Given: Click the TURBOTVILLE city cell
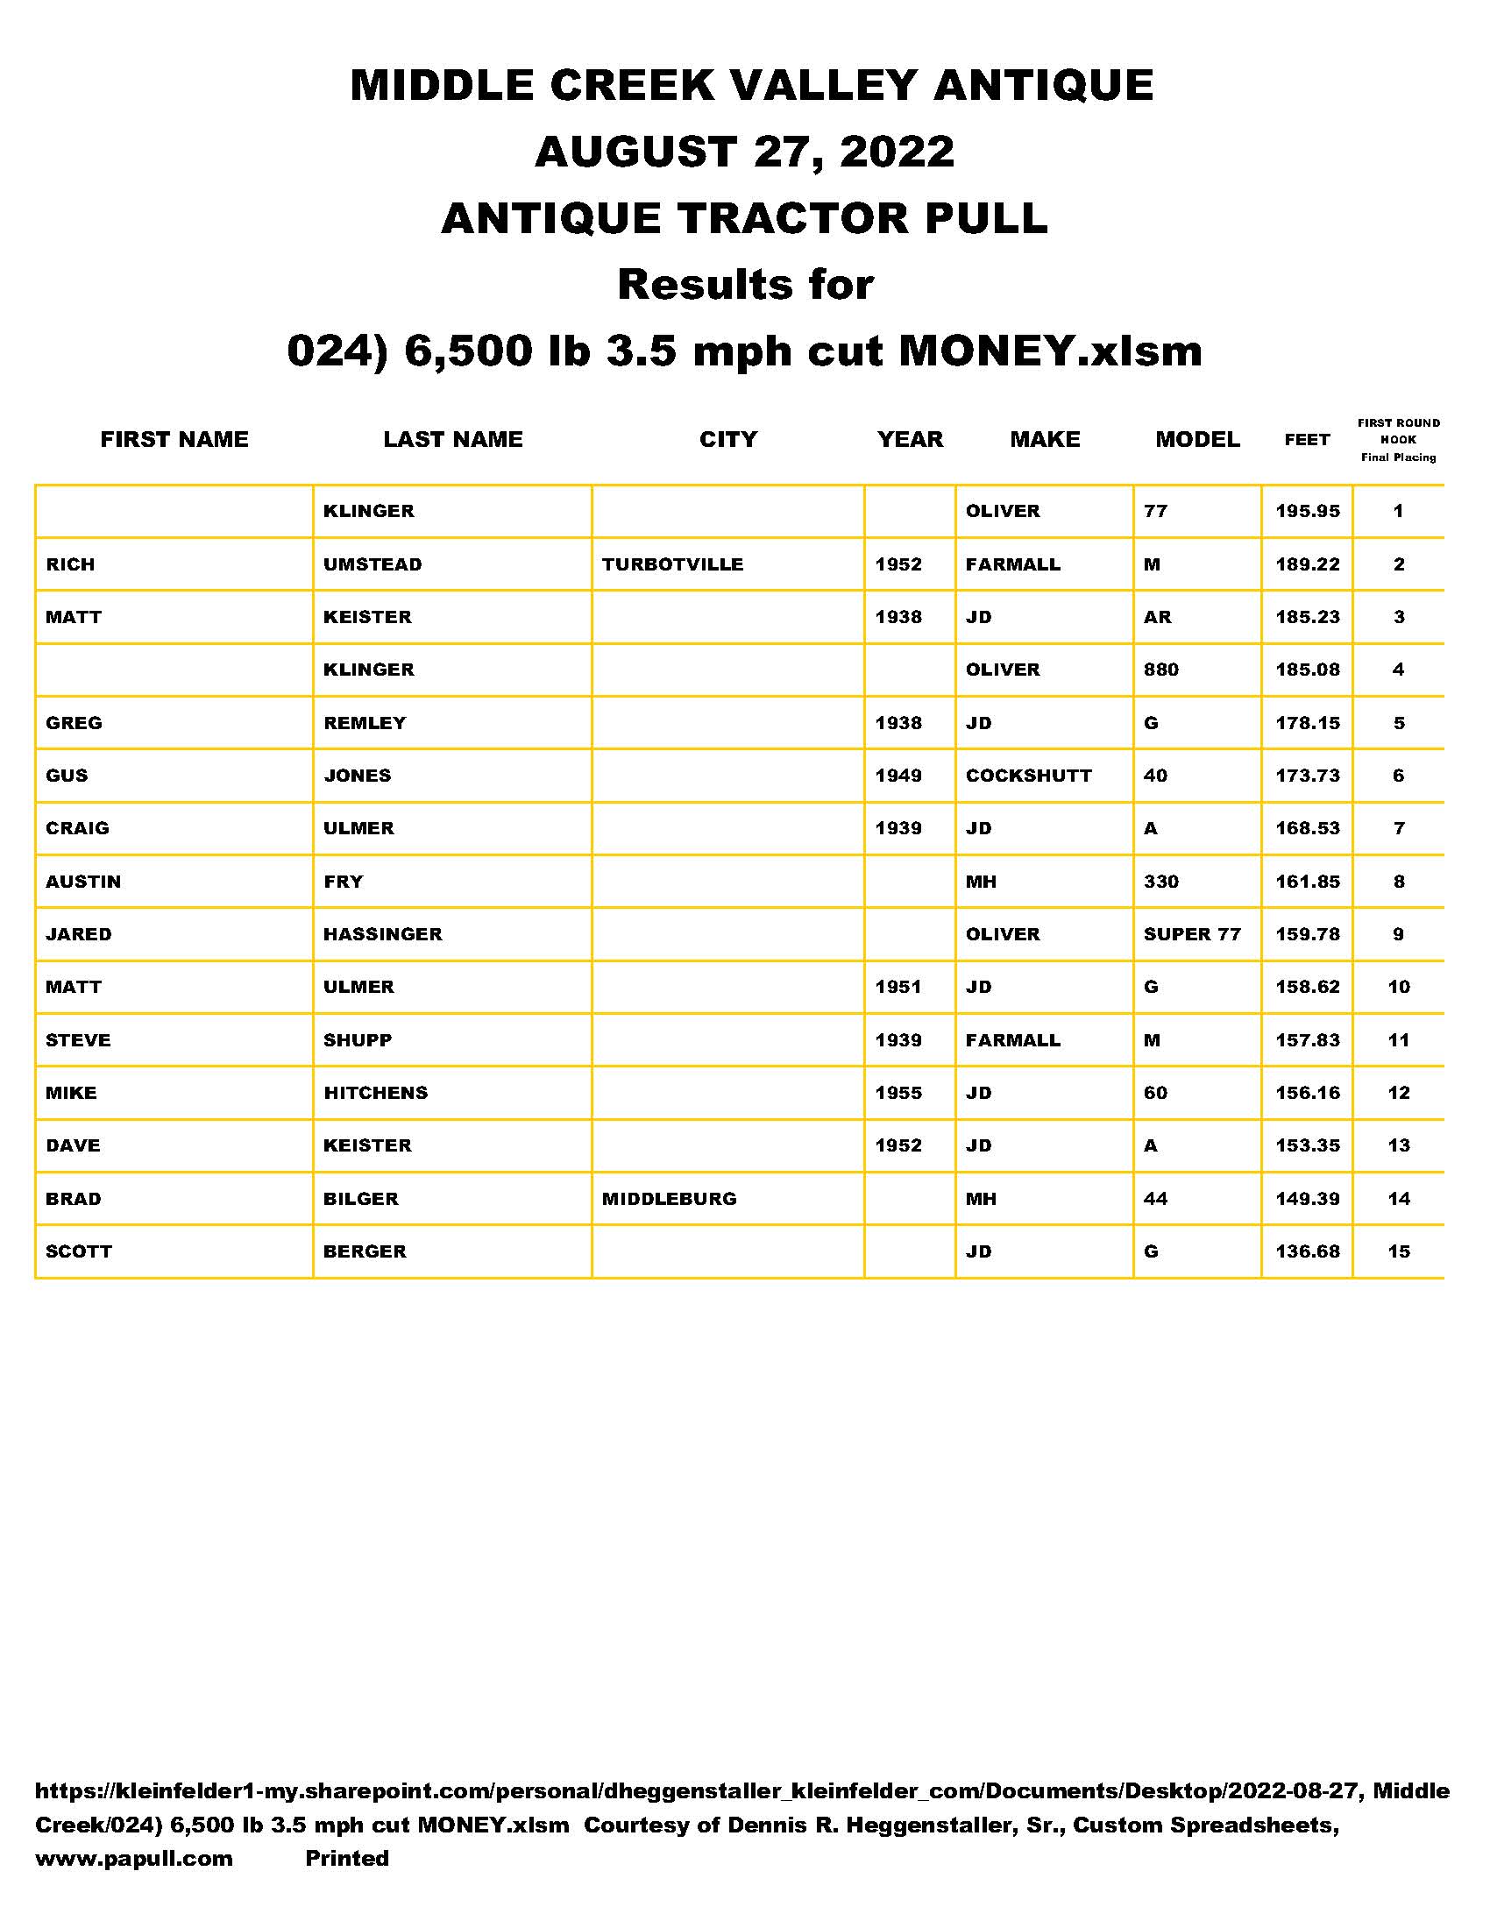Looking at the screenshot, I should click(671, 564).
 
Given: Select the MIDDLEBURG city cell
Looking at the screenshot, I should click(668, 1199).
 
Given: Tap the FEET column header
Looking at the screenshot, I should click(1307, 440).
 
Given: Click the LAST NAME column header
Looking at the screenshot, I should click(453, 439).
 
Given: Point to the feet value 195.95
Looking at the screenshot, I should click(1307, 511).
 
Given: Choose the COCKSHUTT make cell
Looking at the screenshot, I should click(1028, 775).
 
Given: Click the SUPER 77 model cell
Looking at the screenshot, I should click(1192, 934).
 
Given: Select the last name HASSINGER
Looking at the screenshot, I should click(382, 934).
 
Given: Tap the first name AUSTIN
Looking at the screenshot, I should click(83, 881).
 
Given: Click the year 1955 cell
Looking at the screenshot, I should click(898, 1093).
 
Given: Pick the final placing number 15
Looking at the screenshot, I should click(1398, 1251).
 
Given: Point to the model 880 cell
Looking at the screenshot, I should click(1160, 670).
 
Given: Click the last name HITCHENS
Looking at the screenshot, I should click(375, 1093).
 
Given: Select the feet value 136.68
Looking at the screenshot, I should click(1307, 1251).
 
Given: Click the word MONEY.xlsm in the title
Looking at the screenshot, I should click(1050, 351).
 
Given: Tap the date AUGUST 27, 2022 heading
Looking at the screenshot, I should click(744, 152).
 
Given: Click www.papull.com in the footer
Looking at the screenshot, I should click(133, 1858).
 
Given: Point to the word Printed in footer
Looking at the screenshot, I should click(347, 1858).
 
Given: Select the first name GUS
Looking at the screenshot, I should click(67, 775).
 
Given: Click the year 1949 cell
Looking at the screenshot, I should click(898, 775).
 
